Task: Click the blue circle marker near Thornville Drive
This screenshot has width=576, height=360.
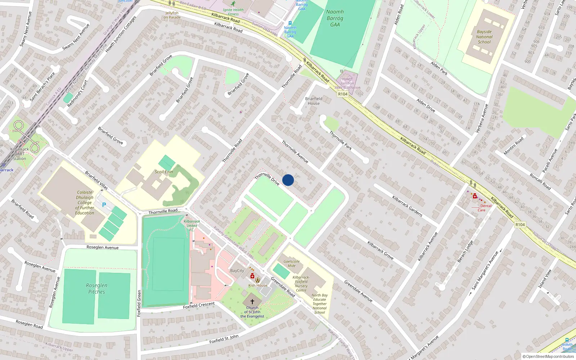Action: [288, 180]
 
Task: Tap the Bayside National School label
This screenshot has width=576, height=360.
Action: [484, 37]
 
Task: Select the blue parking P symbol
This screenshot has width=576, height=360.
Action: [104, 205]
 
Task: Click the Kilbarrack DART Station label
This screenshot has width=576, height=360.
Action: [19, 154]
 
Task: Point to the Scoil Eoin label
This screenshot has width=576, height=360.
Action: [164, 172]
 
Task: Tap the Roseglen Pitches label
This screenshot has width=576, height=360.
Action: [96, 288]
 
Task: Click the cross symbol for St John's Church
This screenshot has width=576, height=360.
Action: [252, 302]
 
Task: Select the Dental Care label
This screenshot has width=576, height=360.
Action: [483, 208]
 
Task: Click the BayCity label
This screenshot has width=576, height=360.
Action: [237, 271]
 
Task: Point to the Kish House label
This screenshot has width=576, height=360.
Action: [258, 285]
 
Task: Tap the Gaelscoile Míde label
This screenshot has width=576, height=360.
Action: [292, 264]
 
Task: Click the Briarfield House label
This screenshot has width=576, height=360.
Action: [314, 101]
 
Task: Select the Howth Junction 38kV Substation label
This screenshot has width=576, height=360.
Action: [347, 83]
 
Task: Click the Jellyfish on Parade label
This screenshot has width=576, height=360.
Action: [172, 15]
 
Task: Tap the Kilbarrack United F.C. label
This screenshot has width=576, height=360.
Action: [192, 226]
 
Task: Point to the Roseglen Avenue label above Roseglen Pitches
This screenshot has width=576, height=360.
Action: [103, 247]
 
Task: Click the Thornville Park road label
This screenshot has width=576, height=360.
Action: [341, 140]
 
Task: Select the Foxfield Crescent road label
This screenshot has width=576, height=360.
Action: [199, 305]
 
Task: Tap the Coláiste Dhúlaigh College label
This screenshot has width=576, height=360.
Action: [85, 202]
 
